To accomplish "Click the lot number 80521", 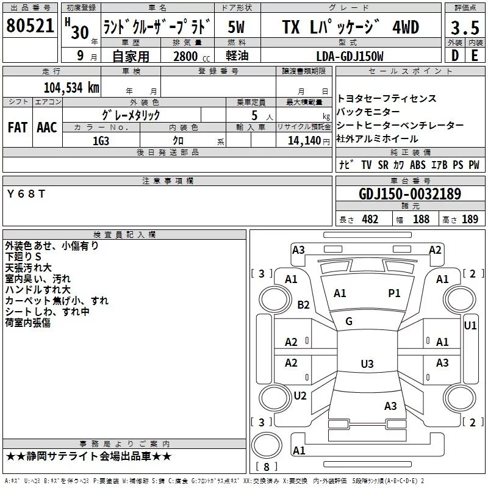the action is [x=30, y=26].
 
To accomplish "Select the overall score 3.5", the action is [x=464, y=28].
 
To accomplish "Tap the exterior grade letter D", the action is [x=455, y=56].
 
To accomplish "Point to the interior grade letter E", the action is [x=474, y=56].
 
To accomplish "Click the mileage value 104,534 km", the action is [x=71, y=87].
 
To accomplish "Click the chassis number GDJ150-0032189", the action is [x=410, y=194].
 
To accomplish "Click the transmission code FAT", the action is [x=17, y=127].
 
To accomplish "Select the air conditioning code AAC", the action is [x=47, y=127].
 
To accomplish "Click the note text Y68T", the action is [x=26, y=193].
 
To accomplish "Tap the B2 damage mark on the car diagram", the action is [x=303, y=304].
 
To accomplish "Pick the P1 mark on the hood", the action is [x=394, y=293].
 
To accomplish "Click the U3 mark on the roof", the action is [x=367, y=364].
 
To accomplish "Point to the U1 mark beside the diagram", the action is [x=470, y=326].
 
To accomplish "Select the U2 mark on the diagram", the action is [x=300, y=395].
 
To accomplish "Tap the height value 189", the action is [x=470, y=220].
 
